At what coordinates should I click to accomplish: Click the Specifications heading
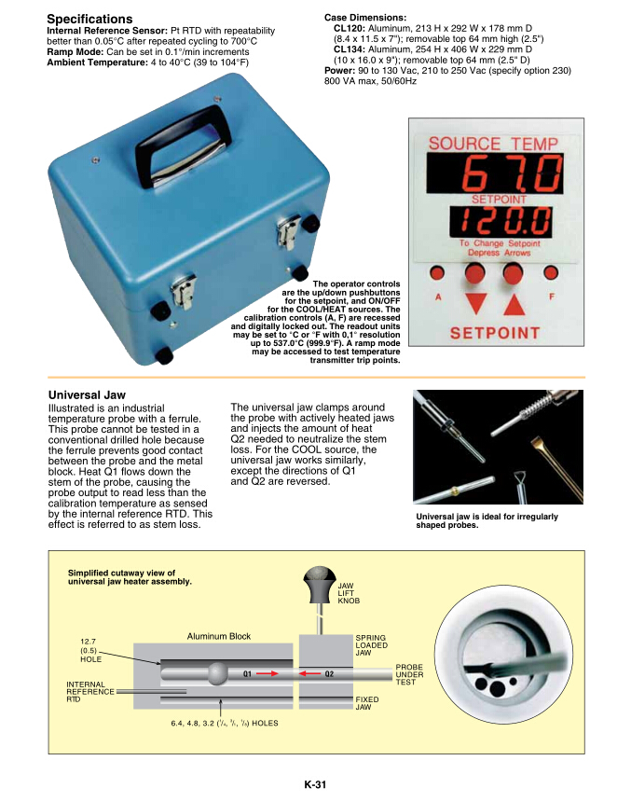[x=89, y=19]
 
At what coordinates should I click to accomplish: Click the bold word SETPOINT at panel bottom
[x=495, y=333]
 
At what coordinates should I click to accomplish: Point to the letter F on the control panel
[x=551, y=297]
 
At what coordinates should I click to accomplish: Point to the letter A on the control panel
[x=437, y=297]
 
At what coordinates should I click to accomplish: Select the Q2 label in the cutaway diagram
[x=329, y=672]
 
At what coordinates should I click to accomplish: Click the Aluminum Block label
[x=219, y=636]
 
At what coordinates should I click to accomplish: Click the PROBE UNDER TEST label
[x=409, y=674]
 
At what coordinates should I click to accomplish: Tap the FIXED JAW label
[x=366, y=702]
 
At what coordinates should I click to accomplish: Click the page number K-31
[x=315, y=785]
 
